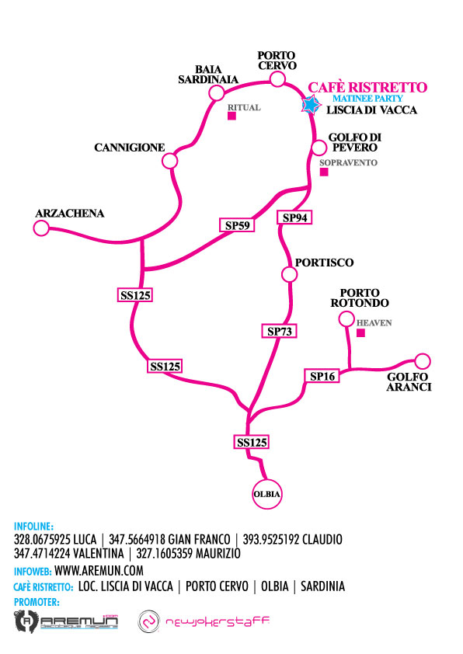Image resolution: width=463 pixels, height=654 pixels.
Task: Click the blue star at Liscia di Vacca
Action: click(310, 105)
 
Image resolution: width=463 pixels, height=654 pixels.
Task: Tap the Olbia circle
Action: click(267, 494)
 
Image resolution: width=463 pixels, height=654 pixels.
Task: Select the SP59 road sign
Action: click(237, 225)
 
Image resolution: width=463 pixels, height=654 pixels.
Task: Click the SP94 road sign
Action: click(294, 217)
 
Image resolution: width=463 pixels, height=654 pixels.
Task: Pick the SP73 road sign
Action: click(279, 331)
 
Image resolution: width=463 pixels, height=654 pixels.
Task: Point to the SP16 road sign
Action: click(322, 376)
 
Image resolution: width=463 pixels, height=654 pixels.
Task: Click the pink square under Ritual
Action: click(232, 116)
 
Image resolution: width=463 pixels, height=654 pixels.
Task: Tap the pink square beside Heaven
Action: click(360, 333)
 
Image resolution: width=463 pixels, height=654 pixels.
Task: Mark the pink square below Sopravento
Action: click(324, 172)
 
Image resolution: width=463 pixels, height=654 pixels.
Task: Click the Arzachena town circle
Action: click(41, 228)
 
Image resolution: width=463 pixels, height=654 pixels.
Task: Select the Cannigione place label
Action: click(129, 148)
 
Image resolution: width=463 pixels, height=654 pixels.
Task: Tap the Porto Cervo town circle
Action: click(277, 78)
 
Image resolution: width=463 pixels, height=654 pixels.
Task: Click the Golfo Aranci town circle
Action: click(423, 361)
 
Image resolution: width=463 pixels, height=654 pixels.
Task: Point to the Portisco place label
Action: click(324, 263)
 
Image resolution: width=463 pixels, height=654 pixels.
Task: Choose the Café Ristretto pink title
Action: click(367, 87)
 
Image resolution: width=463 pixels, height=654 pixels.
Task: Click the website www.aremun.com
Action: click(99, 570)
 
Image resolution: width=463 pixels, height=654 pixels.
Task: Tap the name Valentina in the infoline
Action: click(98, 554)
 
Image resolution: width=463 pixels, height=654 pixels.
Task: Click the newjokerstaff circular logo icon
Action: click(149, 621)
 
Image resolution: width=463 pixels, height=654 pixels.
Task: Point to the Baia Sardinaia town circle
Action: click(217, 92)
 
